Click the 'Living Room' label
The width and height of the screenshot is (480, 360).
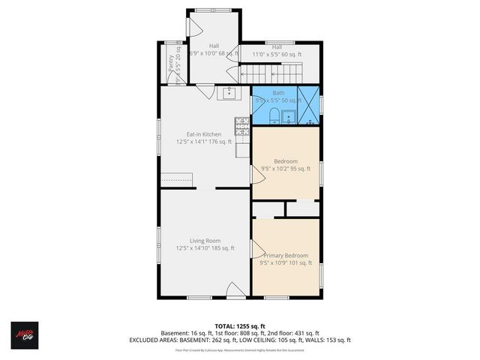[204, 241]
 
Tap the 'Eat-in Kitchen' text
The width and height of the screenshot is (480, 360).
[204, 134]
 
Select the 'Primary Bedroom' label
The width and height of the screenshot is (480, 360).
[284, 256]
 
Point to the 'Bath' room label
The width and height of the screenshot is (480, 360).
[278, 93]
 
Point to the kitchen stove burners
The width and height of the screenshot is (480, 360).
[241, 124]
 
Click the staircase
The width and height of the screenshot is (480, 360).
[270, 73]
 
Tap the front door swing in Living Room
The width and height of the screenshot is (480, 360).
[234, 289]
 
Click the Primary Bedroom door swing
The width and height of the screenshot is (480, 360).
[256, 248]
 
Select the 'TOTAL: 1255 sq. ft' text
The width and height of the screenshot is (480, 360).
[239, 325]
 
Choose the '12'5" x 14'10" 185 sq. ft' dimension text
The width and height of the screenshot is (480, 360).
[204, 248]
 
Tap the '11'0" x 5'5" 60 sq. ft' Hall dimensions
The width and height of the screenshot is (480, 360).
[277, 55]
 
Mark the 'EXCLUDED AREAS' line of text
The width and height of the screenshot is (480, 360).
[240, 340]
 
